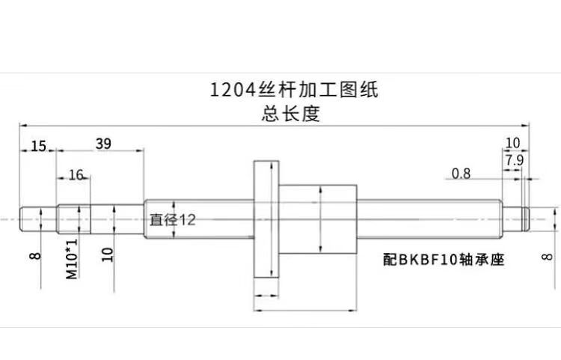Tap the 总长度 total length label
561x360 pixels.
coord(280,114)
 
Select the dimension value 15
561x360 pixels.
coord(39,145)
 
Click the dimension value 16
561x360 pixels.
coord(76,174)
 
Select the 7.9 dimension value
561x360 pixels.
coord(514,159)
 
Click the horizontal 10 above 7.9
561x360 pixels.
coord(512,142)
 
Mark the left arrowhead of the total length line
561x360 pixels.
coord(23,125)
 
